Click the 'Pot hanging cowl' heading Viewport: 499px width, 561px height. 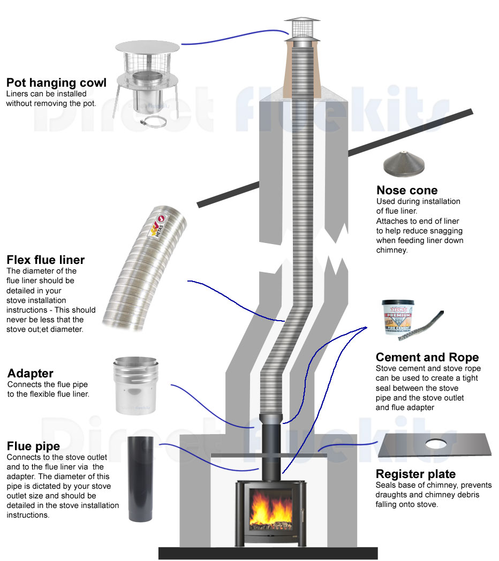[x=56, y=83]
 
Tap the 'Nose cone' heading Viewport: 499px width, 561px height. [x=407, y=191]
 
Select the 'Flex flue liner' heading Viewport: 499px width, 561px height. [x=46, y=261]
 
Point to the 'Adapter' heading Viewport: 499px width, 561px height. [x=31, y=373]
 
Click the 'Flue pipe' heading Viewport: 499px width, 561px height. [x=33, y=446]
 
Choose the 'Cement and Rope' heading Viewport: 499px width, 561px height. [x=427, y=358]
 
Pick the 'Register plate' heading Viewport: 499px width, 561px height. [x=415, y=474]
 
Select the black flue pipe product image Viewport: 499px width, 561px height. [x=141, y=479]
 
